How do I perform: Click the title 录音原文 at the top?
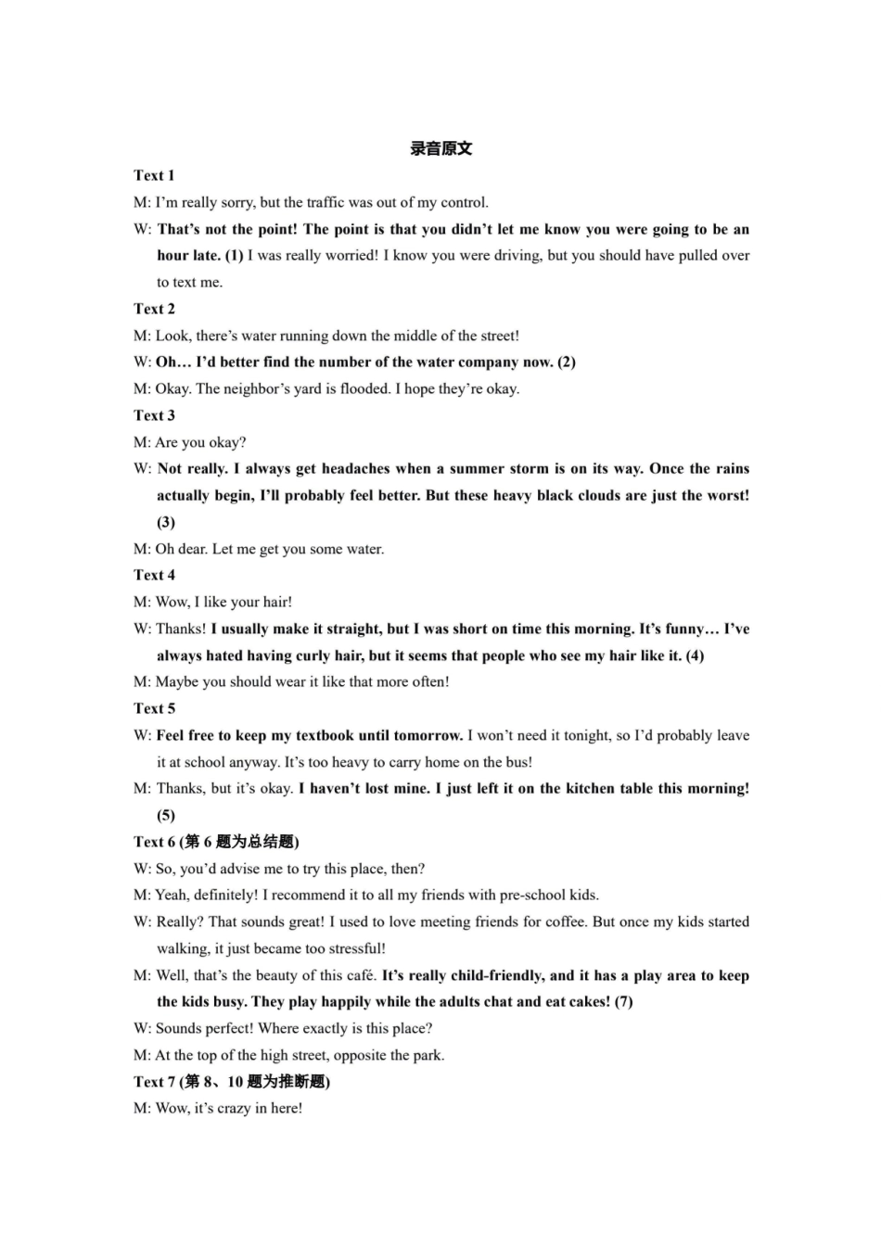440,148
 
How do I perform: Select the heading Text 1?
154,175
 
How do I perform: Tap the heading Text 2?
154,309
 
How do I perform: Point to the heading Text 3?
154,415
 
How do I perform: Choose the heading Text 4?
154,575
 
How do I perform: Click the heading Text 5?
154,708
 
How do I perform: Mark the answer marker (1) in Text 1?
234,255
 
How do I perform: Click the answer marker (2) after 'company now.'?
567,362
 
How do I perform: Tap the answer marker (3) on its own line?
166,522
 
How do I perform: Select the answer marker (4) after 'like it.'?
695,655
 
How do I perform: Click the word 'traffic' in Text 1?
325,202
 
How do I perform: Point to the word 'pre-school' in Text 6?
533,895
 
